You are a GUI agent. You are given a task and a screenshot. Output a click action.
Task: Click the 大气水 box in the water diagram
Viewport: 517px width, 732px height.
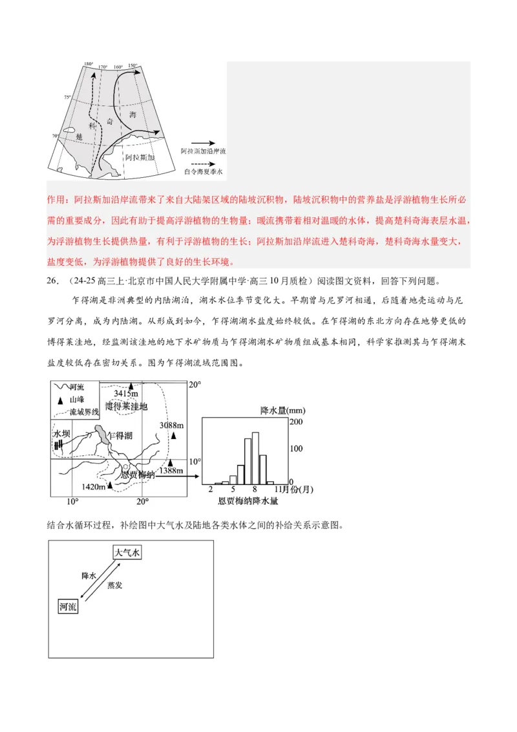coord(127,552)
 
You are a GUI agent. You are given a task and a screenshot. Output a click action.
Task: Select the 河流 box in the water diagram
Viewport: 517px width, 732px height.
coord(68,607)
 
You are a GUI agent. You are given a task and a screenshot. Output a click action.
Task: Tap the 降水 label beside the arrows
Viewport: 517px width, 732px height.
coord(89,575)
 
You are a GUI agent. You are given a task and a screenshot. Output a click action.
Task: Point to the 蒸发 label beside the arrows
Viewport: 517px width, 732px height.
coord(114,585)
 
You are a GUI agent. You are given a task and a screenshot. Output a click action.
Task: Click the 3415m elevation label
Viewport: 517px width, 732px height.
coord(125,393)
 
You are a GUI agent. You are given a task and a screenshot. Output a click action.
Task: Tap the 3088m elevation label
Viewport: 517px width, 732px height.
coord(172,425)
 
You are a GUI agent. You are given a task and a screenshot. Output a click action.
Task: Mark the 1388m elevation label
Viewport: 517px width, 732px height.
coord(171,471)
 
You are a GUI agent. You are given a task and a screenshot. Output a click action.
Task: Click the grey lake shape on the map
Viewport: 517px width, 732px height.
coord(102,434)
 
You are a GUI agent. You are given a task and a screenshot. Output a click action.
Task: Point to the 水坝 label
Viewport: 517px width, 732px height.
coord(61,433)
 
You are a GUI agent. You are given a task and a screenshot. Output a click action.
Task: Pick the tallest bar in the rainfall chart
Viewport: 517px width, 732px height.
coord(255,457)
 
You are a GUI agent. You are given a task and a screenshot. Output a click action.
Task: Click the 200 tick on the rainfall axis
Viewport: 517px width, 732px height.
coord(295,422)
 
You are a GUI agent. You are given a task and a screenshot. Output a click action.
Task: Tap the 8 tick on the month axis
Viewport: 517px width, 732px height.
coord(255,490)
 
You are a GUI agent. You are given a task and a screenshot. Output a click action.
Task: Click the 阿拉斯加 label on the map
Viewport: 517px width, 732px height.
coord(140,157)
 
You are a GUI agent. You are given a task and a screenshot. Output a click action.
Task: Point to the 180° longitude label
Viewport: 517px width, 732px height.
coord(89,64)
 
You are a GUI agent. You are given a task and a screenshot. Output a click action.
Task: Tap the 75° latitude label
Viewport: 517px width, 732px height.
coord(67,97)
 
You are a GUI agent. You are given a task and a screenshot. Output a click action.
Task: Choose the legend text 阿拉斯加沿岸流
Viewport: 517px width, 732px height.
coord(204,151)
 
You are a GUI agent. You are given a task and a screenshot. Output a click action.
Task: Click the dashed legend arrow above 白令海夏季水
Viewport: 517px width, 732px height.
coord(203,164)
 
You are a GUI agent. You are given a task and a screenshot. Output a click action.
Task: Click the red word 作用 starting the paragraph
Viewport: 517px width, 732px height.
coord(57,200)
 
